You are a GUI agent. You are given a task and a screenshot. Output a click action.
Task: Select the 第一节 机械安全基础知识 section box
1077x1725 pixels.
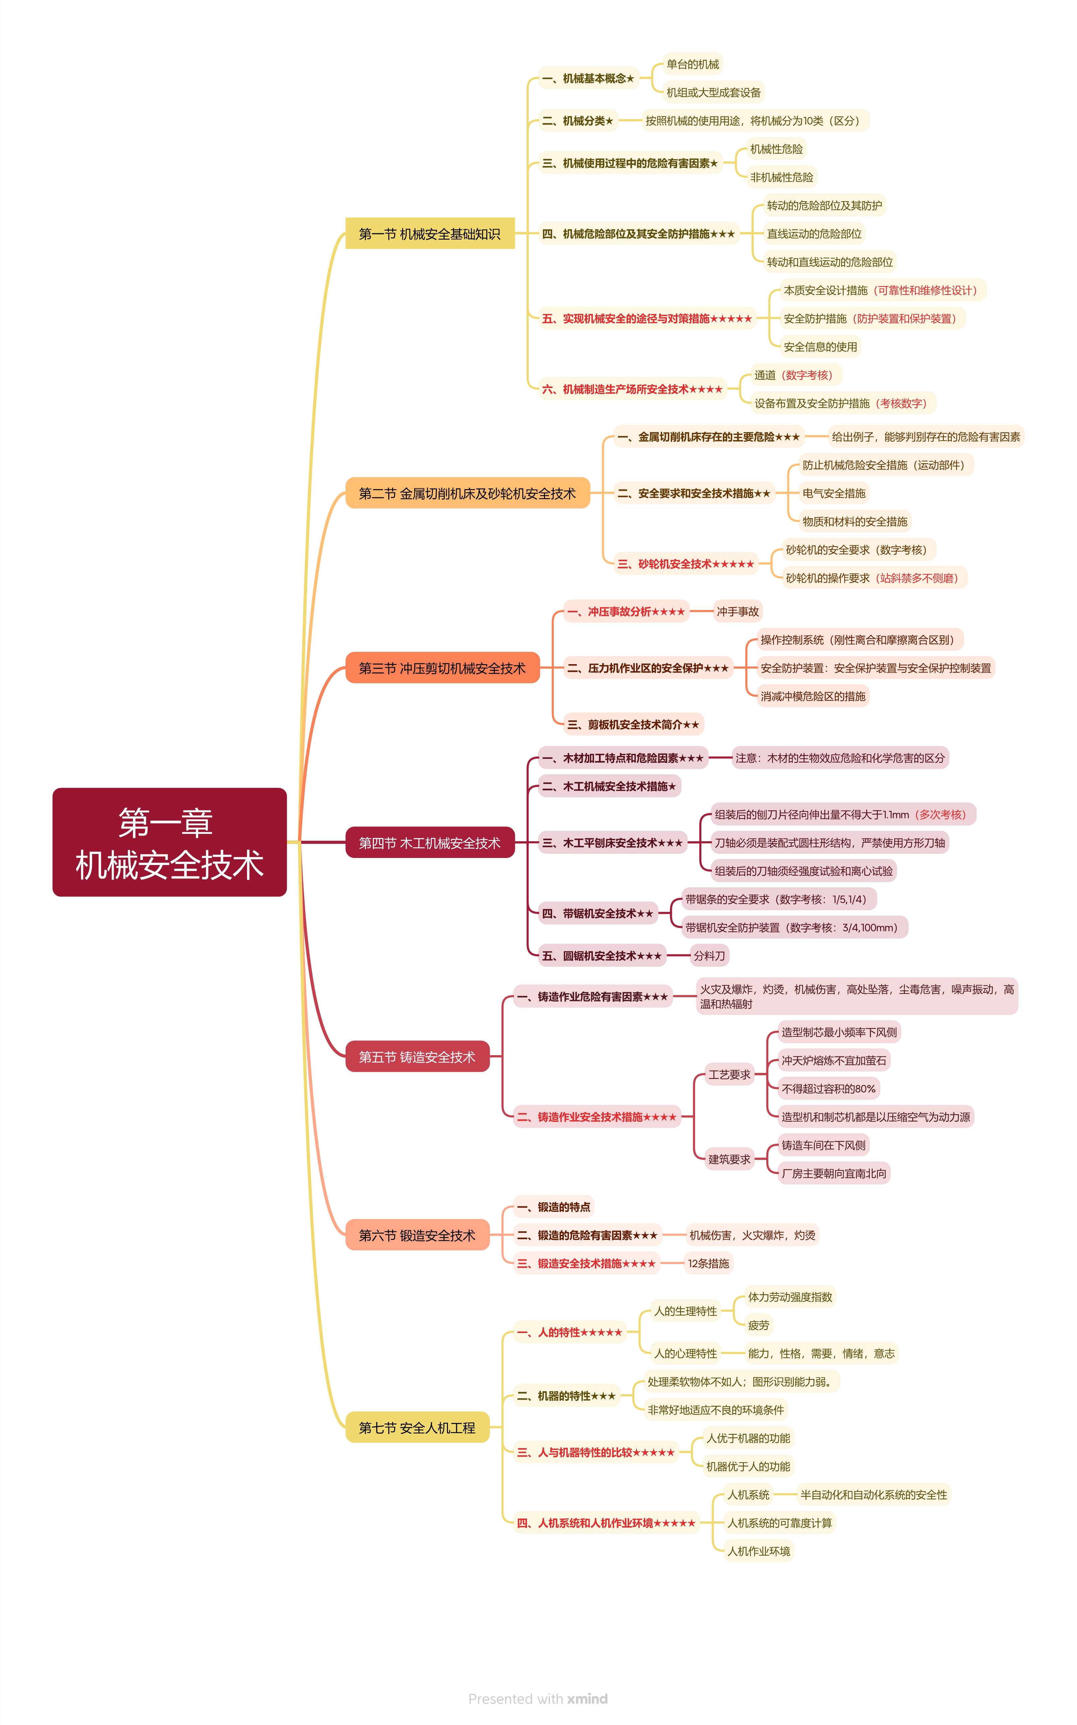tap(430, 234)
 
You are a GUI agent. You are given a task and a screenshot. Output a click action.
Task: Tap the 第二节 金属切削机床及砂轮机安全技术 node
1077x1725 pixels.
tap(467, 493)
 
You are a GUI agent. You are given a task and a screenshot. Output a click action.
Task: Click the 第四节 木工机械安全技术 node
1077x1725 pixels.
tap(430, 843)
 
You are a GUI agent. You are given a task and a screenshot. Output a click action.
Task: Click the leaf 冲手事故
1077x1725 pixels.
tap(737, 611)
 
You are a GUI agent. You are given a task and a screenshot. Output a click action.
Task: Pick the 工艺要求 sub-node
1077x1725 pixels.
tap(729, 1074)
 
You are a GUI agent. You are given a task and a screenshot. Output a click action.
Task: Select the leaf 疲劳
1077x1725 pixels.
tap(759, 1325)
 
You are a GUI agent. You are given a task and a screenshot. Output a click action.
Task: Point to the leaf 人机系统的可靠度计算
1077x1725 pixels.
tap(779, 1523)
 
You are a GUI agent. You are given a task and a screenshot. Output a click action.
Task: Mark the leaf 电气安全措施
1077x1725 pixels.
tap(833, 493)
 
